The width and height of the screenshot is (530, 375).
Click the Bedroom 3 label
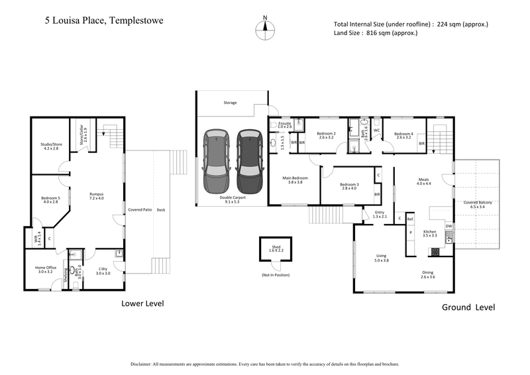pos(349,184)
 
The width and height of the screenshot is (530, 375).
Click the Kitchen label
pos(430,232)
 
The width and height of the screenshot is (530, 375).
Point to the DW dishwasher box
pos(449,227)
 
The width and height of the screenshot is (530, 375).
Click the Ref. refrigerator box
pos(410,219)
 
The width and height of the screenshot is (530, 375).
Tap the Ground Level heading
pos(468,307)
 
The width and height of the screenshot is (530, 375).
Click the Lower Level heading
pos(142,303)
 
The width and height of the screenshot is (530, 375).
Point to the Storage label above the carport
pos(230,103)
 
